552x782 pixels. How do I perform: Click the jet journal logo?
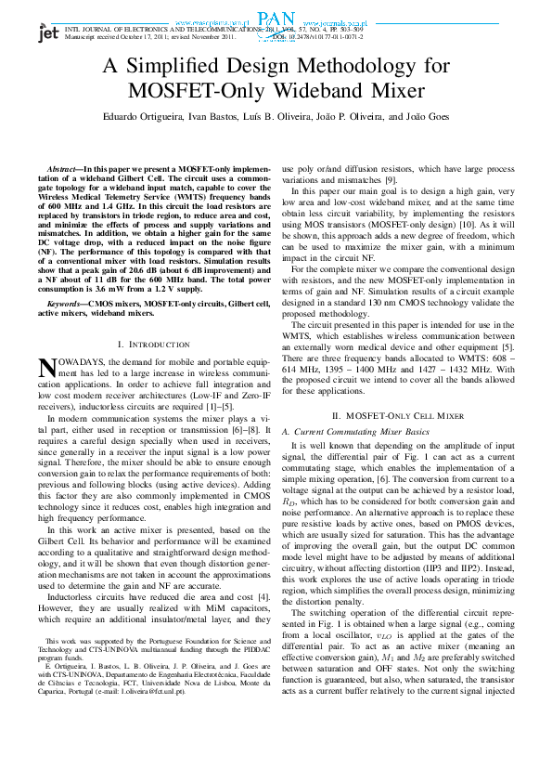[x=48, y=33]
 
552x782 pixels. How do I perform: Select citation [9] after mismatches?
[x=391, y=179]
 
